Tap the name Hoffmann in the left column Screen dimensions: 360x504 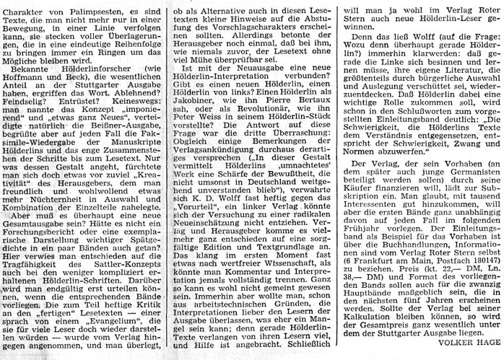coord(26,78)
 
